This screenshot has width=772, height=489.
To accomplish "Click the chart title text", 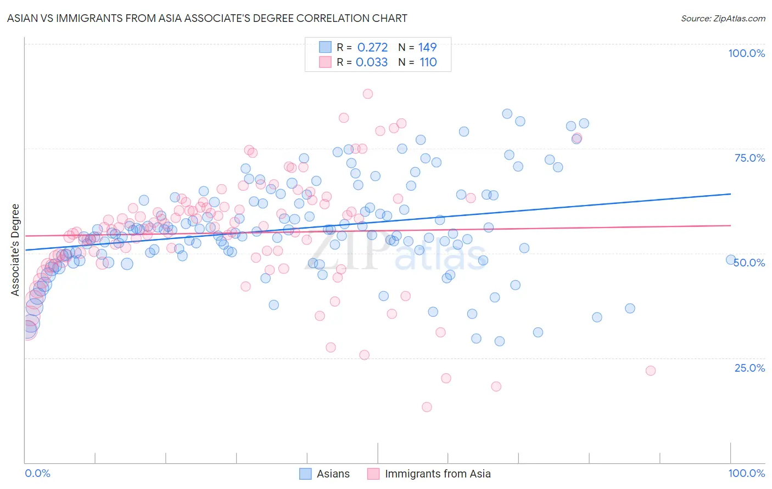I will [207, 18].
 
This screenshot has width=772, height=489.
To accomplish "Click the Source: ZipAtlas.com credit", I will [723, 18].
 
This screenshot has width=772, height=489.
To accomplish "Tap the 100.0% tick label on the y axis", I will [746, 53].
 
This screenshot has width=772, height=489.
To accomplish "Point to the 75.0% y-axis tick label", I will [749, 158].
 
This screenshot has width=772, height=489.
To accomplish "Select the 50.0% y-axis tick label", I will [749, 263].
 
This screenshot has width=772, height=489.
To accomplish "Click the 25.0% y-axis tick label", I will [749, 367].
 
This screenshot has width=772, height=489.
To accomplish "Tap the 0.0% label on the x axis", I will [37, 473].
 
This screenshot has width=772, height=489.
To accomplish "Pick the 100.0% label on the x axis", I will [746, 473].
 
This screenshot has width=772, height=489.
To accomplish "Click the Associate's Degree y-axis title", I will [15, 249].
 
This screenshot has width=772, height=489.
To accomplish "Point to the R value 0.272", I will [372, 47].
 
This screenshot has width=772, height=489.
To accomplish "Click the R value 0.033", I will [372, 62].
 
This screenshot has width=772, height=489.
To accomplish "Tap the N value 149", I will [427, 47].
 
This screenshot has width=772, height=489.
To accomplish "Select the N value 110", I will [428, 62].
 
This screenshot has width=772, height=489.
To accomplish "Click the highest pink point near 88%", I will [368, 94].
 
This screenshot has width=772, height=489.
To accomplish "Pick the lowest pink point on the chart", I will [427, 407].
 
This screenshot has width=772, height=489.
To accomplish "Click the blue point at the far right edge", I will [731, 260].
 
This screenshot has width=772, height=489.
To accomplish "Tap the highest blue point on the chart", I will [507, 114].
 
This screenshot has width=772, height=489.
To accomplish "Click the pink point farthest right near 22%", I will [651, 371].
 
